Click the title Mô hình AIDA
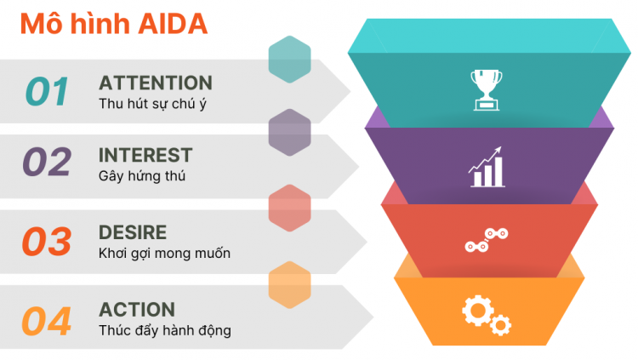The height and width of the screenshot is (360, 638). (113, 24)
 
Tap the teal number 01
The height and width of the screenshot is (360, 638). (47, 91)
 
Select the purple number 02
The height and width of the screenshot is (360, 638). (47, 162)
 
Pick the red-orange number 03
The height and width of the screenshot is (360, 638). (47, 242)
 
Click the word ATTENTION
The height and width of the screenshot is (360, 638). (156, 83)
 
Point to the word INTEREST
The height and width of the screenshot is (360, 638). (145, 155)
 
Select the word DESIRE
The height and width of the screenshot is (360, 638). (133, 232)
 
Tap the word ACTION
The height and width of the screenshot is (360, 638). (137, 309)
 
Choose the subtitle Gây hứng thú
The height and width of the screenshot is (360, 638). (142, 176)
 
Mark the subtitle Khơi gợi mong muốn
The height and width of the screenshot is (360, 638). (164, 254)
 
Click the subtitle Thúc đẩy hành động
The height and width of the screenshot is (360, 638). (164, 330)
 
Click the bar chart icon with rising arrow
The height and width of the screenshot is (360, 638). (486, 167)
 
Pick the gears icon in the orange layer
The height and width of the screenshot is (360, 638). (486, 312)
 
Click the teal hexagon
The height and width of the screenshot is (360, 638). (289, 59)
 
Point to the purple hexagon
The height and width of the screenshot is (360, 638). (289, 133)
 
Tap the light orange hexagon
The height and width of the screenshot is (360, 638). (289, 284)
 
